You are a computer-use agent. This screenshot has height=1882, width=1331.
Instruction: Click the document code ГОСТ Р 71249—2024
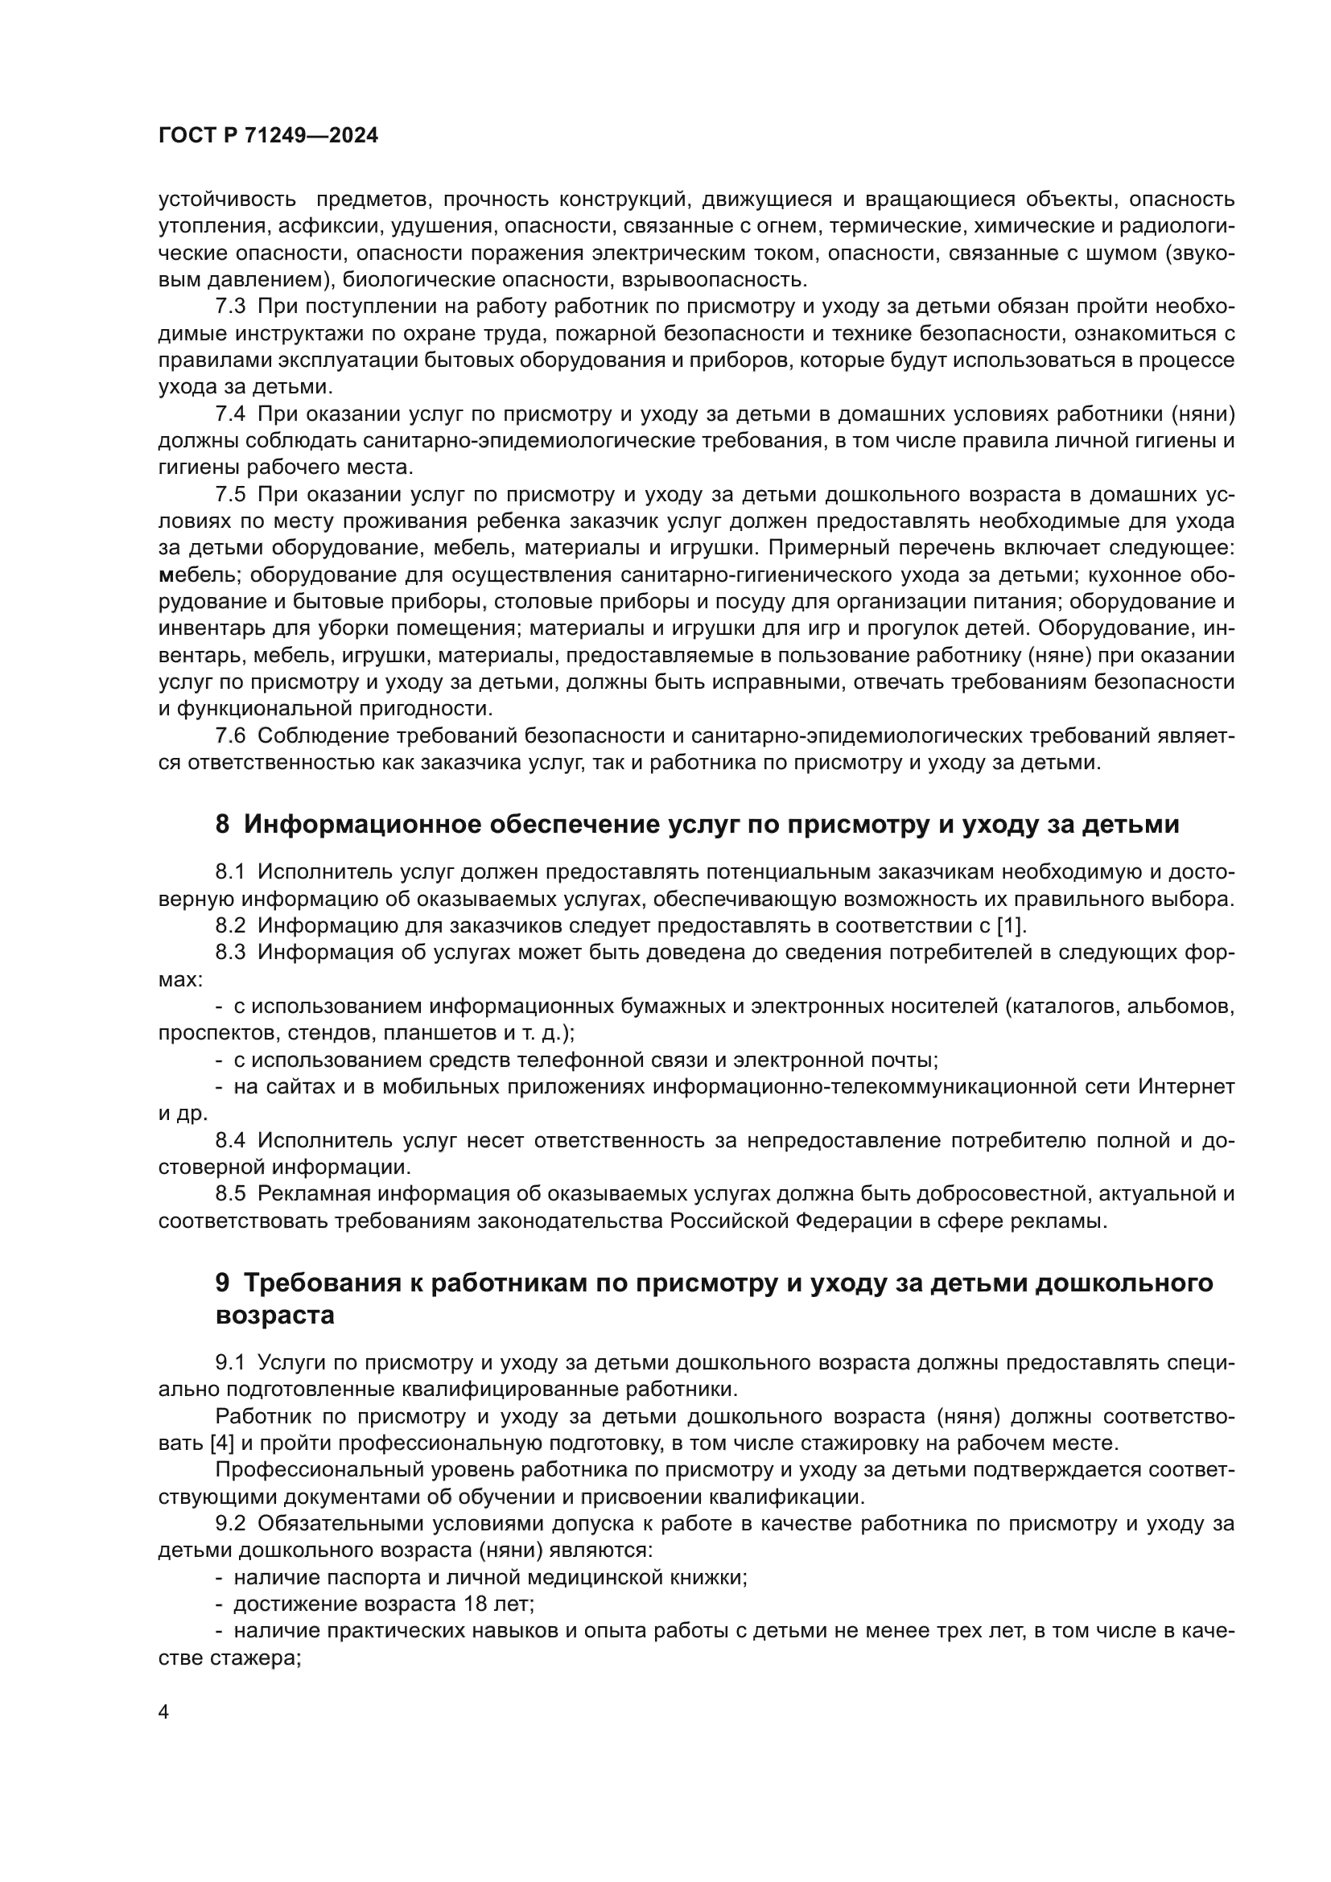point(268,136)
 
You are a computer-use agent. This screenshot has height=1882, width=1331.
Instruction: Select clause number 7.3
point(230,307)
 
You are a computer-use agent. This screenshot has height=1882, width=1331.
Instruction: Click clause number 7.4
point(230,414)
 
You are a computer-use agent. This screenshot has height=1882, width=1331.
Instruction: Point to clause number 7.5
point(230,494)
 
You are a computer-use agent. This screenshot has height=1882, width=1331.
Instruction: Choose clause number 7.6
point(230,736)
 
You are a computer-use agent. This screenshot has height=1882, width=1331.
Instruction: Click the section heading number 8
point(222,824)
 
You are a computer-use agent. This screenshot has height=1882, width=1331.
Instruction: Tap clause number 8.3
point(230,953)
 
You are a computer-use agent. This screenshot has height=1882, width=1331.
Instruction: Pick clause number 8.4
point(230,1140)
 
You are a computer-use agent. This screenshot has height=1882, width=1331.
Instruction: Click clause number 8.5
point(230,1194)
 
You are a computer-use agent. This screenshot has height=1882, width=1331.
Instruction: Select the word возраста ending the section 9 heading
point(274,1315)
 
